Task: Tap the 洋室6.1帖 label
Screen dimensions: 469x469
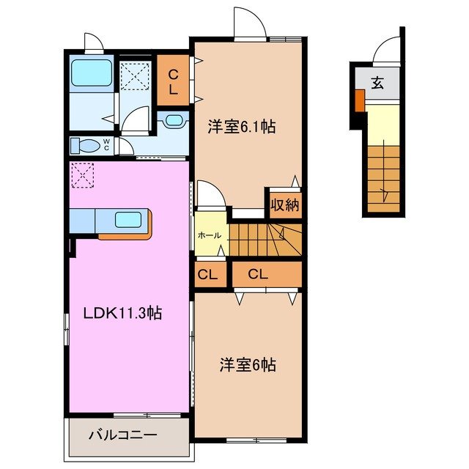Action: [x=241, y=126]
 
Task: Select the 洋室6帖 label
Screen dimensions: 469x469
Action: [x=247, y=364]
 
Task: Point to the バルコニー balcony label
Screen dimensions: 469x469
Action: [x=123, y=434]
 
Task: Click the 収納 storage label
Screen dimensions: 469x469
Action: [x=284, y=205]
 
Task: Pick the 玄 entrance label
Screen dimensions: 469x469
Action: [x=377, y=83]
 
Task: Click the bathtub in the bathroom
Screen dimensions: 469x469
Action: [x=91, y=74]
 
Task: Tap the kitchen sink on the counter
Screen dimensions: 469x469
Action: [x=130, y=218]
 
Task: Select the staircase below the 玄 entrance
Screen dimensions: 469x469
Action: [x=384, y=177]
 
